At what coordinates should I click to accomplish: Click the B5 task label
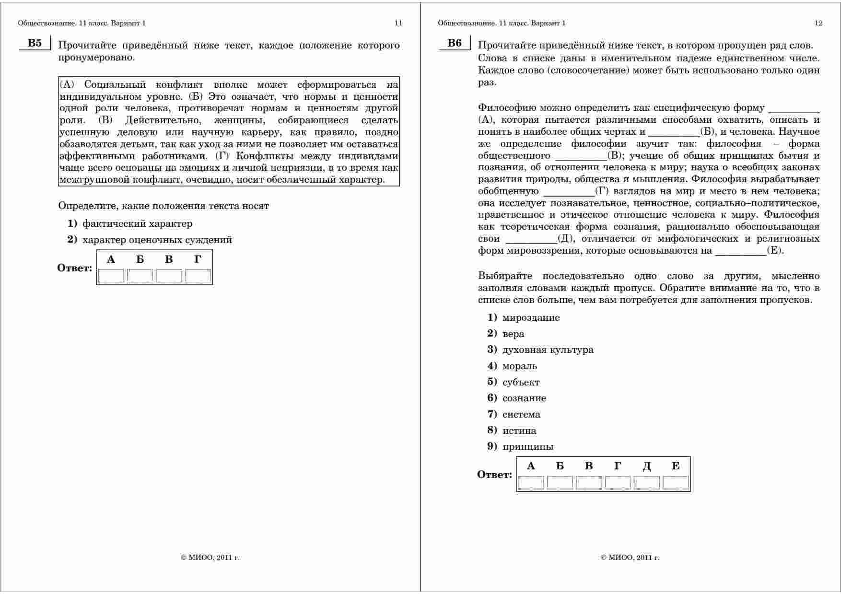(35, 43)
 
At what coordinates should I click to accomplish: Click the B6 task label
(455, 43)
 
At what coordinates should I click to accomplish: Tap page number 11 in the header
(398, 23)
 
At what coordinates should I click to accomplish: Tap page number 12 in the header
(818, 23)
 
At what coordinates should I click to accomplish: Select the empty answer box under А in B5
(111, 276)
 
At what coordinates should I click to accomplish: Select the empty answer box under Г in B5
(198, 276)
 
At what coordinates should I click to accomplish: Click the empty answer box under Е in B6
(675, 482)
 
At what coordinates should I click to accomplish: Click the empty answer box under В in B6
(589, 482)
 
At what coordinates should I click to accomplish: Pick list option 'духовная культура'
(548, 349)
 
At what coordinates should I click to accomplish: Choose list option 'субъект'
(521, 382)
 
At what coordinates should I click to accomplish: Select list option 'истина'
(519, 431)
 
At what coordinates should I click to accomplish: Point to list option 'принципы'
(528, 446)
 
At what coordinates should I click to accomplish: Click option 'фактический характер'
(137, 223)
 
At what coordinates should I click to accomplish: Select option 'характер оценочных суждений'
(157, 240)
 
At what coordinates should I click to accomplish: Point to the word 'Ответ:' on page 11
(75, 268)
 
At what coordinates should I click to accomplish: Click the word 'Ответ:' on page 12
(494, 475)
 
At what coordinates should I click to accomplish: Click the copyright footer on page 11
(210, 558)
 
